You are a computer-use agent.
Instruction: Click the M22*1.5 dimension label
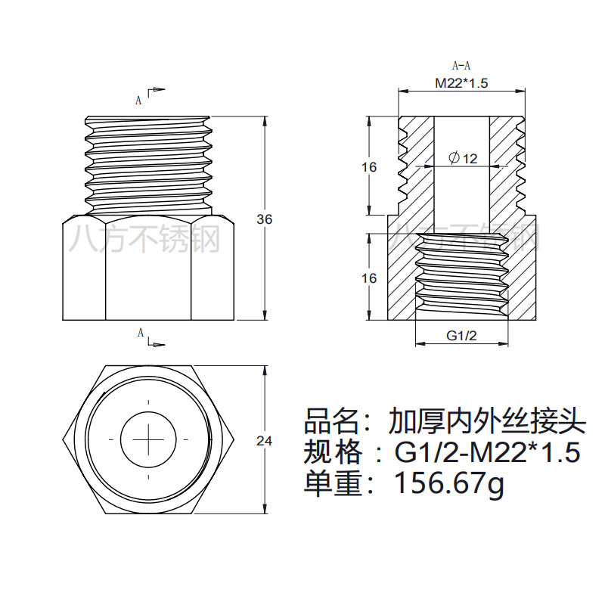461,83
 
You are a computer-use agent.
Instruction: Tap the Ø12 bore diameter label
463,158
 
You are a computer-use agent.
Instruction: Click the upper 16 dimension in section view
369,167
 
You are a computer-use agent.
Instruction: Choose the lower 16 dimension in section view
369,278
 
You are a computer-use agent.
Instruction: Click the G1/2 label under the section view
461,336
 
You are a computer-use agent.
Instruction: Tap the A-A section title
461,66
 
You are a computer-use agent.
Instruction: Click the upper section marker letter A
138,99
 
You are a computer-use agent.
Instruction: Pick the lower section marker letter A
140,333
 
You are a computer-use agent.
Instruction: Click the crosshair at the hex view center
148,439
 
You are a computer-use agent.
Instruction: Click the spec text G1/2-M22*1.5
488,452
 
